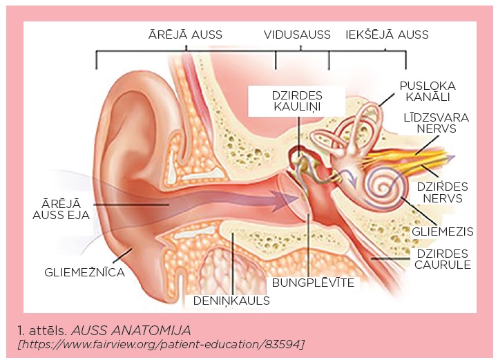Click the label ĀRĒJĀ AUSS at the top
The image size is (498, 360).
(189, 34)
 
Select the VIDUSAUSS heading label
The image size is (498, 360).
(297, 34)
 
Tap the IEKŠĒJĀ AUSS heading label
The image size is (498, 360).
(387, 34)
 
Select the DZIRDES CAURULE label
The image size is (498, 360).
(442, 258)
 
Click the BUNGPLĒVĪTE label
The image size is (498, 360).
(313, 283)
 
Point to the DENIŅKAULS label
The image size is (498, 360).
(231, 301)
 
